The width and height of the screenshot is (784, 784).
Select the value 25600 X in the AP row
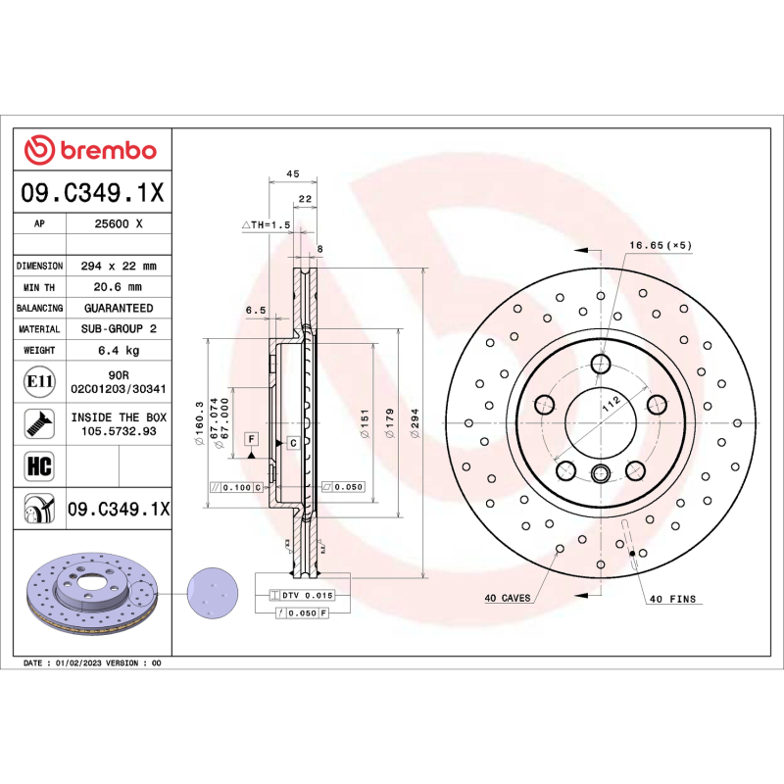coord(119,223)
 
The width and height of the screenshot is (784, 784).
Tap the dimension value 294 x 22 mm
coord(119,266)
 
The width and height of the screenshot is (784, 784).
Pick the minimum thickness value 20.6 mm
coord(119,287)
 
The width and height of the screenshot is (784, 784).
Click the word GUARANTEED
coord(119,308)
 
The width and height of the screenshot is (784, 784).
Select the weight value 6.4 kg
coord(119,350)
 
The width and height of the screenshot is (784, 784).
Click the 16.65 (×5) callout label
coord(661,245)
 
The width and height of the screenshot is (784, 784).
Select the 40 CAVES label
coord(507,597)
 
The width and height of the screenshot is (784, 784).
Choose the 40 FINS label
coord(671,597)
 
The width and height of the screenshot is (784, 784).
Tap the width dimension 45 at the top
coord(292,173)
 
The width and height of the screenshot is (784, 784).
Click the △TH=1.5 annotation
coord(267,224)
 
